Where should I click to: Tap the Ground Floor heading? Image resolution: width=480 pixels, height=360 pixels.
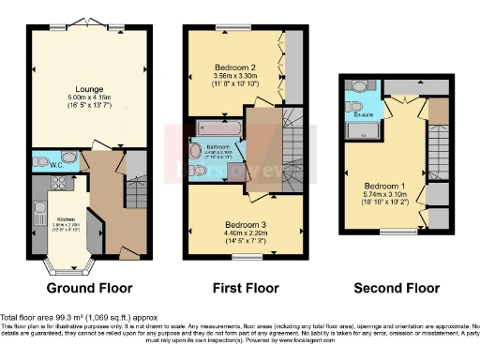click(x=89, y=288)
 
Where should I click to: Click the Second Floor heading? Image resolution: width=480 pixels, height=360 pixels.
click(x=397, y=288)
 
